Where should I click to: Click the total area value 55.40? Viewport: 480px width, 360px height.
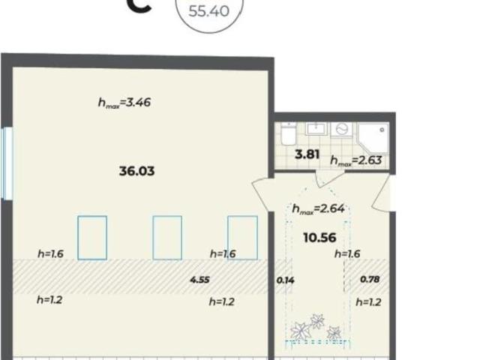pyautogui.click(x=208, y=11)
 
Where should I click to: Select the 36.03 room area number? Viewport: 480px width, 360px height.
pyautogui.click(x=136, y=171)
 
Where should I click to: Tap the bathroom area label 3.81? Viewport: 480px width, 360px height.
pyautogui.click(x=307, y=154)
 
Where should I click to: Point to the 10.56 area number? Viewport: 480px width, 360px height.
pyautogui.click(x=320, y=238)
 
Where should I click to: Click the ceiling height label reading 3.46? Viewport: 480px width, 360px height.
pyautogui.click(x=124, y=103)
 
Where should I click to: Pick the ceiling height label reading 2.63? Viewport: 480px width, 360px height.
pyautogui.click(x=356, y=160)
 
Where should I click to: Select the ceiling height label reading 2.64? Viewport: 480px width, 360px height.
pyautogui.click(x=318, y=209)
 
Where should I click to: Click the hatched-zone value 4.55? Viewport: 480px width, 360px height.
pyautogui.click(x=200, y=280)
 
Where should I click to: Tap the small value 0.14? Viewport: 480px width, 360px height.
pyautogui.click(x=285, y=280)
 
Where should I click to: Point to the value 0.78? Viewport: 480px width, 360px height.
pyautogui.click(x=370, y=279)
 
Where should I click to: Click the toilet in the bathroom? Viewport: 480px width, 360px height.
pyautogui.click(x=288, y=134)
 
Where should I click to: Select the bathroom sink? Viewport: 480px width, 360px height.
pyautogui.click(x=316, y=129)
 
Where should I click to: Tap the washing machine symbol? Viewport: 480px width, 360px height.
pyautogui.click(x=342, y=130)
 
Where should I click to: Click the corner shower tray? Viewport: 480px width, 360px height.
pyautogui.click(x=373, y=138)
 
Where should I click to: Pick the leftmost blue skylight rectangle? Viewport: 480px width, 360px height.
pyautogui.click(x=92, y=238)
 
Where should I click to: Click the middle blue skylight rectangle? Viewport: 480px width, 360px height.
pyautogui.click(x=167, y=238)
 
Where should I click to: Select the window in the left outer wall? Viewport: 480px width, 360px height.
pyautogui.click(x=7, y=163)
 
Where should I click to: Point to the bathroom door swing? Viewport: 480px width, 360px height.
pyautogui.click(x=329, y=179)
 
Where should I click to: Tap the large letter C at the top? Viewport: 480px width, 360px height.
pyautogui.click(x=139, y=6)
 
